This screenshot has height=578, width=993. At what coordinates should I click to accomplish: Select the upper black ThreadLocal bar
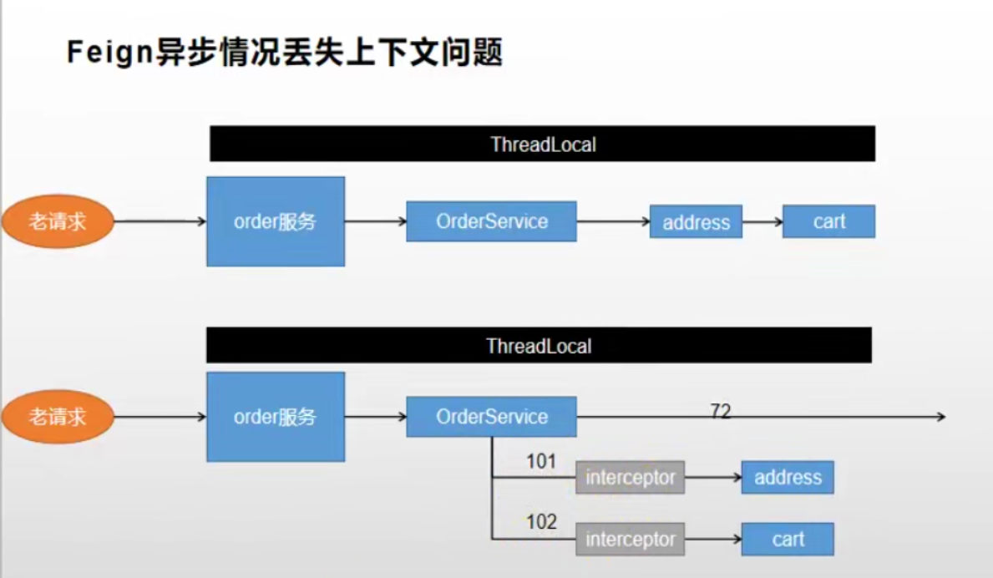pos(542,144)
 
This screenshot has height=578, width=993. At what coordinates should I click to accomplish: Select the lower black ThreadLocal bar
pos(539,346)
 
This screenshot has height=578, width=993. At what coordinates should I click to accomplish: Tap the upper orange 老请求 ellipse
pos(58,221)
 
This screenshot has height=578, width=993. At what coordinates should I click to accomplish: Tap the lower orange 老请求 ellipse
pos(58,417)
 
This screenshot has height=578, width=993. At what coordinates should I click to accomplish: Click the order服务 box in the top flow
pos(276,221)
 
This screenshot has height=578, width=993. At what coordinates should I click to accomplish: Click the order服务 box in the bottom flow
pos(276,417)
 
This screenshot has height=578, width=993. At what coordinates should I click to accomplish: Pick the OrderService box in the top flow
pos(491,221)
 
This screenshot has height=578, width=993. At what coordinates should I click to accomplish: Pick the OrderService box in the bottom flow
pos(491,417)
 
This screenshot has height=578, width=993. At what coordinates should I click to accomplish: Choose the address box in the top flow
pos(696,222)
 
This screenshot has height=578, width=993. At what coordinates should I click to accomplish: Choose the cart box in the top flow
pos(828,221)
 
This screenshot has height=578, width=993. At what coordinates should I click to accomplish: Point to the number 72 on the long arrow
pos(721,410)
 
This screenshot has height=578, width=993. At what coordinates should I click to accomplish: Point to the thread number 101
pos(541,461)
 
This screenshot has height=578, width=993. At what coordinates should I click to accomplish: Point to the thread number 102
pos(541,522)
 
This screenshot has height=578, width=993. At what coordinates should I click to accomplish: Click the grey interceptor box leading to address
pos(630,478)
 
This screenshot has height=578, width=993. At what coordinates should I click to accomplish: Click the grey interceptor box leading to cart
pos(630,540)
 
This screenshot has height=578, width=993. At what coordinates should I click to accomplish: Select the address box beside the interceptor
pos(787,477)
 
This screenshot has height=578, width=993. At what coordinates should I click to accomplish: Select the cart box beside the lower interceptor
pos(787,539)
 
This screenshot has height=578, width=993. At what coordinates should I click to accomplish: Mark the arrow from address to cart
pos(762,222)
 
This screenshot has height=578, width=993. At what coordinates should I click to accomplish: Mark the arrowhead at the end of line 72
pos(940,416)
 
